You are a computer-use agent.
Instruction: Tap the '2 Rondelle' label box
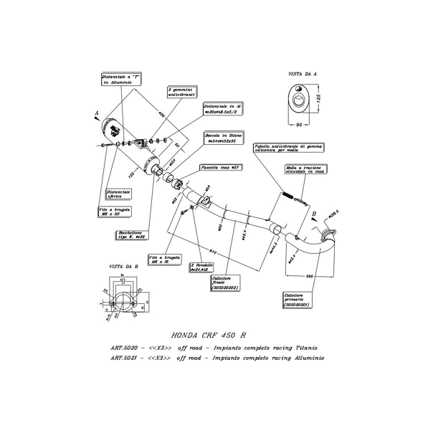pyautogui.click(x=202, y=267)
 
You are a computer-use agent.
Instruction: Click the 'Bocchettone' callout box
pyautogui.click(x=130, y=234)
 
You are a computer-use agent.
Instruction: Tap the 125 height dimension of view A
pyautogui.click(x=320, y=97)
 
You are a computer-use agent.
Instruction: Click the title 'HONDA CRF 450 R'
pyautogui.click(x=209, y=335)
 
